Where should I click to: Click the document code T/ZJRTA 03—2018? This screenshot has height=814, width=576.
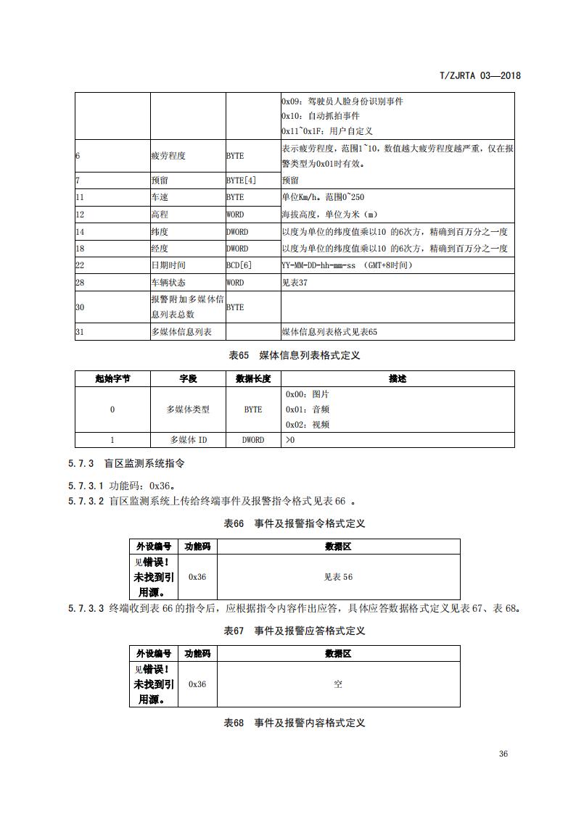click(481, 75)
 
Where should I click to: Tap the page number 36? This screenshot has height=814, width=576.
click(503, 753)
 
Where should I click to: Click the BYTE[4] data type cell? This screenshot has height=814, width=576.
click(241, 180)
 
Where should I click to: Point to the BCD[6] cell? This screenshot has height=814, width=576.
click(239, 265)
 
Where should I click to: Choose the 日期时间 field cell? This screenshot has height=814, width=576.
click(167, 265)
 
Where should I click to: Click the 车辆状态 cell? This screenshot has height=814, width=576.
click(167, 283)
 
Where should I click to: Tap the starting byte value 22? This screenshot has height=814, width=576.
click(80, 265)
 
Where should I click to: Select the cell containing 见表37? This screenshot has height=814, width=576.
click(295, 283)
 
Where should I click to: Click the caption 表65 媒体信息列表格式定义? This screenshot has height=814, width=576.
click(294, 355)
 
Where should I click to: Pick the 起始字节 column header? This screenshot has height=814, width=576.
click(112, 378)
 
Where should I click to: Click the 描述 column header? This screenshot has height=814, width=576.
click(398, 378)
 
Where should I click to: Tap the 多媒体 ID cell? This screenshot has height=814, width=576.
click(188, 440)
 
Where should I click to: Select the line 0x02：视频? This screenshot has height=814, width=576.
click(308, 425)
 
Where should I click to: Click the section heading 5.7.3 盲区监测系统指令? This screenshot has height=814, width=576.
click(131, 463)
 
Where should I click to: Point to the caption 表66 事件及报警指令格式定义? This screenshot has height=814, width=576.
click(294, 523)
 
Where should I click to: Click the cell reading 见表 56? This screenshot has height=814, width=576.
click(338, 577)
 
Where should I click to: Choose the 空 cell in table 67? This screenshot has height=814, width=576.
click(338, 684)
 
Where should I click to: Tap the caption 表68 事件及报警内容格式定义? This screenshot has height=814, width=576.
click(294, 723)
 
